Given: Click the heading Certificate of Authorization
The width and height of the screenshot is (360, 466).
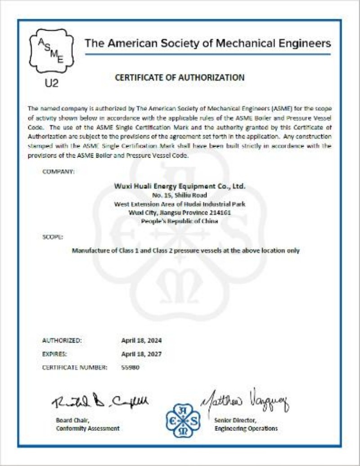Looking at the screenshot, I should click(x=180, y=77).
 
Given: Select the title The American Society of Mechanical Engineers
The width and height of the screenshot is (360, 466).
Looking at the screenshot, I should click(x=208, y=44).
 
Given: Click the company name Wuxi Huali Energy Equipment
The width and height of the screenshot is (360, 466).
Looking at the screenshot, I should click(x=180, y=186).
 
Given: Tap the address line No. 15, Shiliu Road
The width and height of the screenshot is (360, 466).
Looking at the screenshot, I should click(x=180, y=195).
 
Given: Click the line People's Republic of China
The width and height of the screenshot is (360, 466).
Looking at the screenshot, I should click(x=180, y=221).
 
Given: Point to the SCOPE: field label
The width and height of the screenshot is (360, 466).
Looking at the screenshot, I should click(x=53, y=236).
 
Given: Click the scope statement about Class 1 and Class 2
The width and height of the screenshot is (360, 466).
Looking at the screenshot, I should click(x=185, y=250).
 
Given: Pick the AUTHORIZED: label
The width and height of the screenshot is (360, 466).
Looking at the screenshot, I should click(x=62, y=340).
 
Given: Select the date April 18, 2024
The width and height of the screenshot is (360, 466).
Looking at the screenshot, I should click(x=141, y=340).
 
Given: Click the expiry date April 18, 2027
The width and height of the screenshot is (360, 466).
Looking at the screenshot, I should click(x=141, y=354).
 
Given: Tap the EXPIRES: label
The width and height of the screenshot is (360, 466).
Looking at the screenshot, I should click(x=54, y=354).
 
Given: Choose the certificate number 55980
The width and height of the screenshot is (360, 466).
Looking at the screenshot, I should click(x=130, y=367).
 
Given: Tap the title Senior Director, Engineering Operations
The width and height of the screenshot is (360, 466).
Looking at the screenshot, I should click(x=246, y=424).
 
